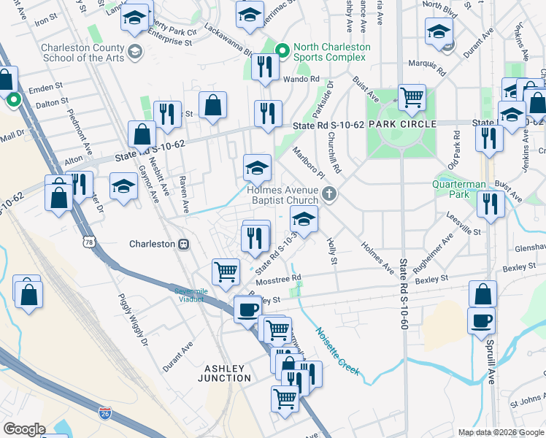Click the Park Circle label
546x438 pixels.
402,124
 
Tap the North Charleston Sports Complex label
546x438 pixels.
331,53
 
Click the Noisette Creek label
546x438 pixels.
337,350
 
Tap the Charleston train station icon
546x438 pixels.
184,244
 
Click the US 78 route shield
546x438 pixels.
89,242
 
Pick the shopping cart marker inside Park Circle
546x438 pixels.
412,96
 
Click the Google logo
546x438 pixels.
24,429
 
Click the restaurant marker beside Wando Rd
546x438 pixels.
262,66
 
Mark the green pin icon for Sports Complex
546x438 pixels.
283,50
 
